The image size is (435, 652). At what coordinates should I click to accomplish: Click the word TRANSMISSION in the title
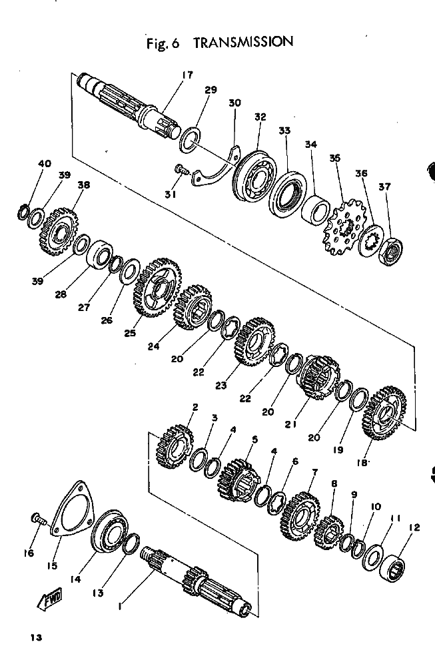point(243,42)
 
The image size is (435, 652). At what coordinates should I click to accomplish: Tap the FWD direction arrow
point(50,599)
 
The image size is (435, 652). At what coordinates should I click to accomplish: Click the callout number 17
point(188,75)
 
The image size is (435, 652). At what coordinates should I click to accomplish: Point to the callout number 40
point(45,163)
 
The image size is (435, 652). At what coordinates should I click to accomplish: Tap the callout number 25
point(130,332)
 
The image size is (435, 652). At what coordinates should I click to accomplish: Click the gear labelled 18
point(384,414)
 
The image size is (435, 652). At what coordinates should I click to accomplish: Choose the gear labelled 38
point(61,232)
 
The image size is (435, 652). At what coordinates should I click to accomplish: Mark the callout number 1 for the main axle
point(119,606)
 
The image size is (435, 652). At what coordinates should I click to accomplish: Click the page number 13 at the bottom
point(36,637)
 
